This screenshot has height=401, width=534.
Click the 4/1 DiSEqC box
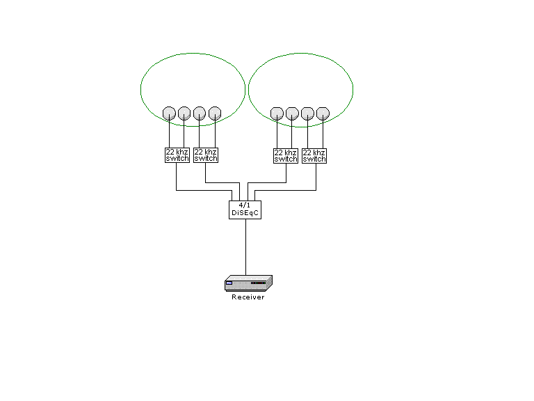[245, 210]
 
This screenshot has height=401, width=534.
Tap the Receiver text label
[248, 297]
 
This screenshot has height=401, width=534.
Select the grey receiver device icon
[248, 283]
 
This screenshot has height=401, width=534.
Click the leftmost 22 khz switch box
[177, 155]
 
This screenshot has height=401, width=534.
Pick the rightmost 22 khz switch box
[314, 156]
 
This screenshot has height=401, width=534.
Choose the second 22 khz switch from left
[206, 155]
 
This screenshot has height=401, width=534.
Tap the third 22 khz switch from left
[286, 156]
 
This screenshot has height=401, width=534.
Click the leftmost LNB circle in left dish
[169, 113]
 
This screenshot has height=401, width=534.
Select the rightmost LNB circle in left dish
[215, 113]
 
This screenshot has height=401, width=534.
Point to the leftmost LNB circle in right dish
[277, 113]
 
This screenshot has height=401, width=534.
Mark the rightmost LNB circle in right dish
[323, 113]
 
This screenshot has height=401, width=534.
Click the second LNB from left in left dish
[184, 113]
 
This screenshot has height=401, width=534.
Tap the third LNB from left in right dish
[307, 113]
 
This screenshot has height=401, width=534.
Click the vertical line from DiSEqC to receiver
[245, 247]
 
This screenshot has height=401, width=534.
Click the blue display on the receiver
[229, 283]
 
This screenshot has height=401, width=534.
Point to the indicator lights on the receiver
[258, 283]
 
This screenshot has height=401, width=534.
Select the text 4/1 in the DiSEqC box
[245, 205]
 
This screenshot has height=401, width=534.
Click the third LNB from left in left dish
[200, 113]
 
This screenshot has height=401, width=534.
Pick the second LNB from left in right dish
[292, 113]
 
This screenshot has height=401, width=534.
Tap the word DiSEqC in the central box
[245, 213]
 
